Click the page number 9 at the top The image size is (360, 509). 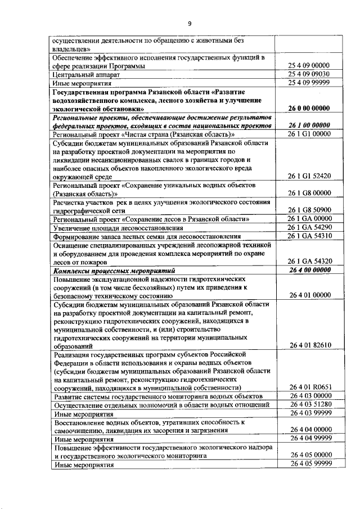(x=190, y=23)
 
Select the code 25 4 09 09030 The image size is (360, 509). (x=308, y=74)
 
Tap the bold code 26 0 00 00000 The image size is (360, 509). (x=308, y=108)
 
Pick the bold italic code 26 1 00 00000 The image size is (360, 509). (x=308, y=125)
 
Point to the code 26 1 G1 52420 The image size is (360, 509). (x=308, y=176)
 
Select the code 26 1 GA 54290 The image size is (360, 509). (x=308, y=227)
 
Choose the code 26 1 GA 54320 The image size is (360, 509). (x=308, y=262)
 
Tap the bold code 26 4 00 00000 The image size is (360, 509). (x=308, y=270)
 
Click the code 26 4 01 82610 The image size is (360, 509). (x=308, y=345)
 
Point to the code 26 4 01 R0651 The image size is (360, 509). (x=308, y=388)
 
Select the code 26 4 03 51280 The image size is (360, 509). (x=308, y=405)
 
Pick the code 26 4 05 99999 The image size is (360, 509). (x=308, y=464)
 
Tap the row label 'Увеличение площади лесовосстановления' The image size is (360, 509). (x=118, y=227)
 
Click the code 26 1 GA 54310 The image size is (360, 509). (x=308, y=236)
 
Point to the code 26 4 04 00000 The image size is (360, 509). (x=308, y=430)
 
